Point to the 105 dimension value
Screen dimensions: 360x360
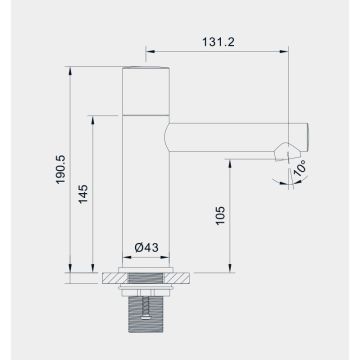point(221,214)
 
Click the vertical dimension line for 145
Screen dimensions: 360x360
point(96,190)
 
